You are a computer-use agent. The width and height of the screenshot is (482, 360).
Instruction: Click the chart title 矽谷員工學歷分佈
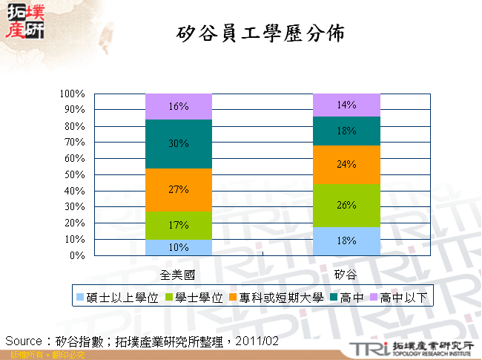click(262, 35)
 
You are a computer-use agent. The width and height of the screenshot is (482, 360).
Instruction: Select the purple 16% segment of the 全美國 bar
click(179, 106)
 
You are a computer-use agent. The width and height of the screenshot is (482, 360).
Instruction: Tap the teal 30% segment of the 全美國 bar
click(179, 144)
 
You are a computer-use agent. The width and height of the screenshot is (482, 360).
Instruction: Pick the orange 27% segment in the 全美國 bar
click(179, 190)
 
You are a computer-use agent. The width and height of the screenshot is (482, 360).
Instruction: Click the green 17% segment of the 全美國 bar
click(179, 226)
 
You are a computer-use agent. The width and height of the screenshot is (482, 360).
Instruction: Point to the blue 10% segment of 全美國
click(179, 247)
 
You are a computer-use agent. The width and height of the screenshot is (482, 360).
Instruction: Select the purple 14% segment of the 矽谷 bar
click(346, 105)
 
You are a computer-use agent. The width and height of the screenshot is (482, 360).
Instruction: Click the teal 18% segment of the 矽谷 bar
click(346, 131)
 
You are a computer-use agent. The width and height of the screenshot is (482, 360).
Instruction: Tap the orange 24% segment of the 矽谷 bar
click(346, 164)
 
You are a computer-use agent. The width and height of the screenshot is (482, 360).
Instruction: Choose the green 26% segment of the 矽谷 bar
click(346, 205)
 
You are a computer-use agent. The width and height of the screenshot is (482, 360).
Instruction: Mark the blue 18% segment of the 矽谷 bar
click(346, 240)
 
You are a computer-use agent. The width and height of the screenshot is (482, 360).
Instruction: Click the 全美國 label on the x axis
click(178, 275)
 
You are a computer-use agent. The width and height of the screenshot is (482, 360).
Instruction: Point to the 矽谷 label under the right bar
click(346, 275)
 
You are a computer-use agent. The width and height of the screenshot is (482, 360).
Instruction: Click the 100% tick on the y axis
click(73, 94)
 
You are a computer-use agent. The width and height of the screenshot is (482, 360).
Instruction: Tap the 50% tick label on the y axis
click(75, 174)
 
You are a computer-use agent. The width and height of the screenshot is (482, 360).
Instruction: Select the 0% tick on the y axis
click(78, 255)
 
